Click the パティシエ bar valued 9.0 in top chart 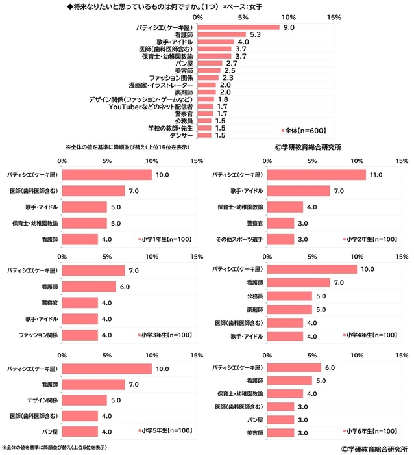237,27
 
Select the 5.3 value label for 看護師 255,34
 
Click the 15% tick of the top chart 335,17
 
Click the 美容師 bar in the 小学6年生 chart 280,431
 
